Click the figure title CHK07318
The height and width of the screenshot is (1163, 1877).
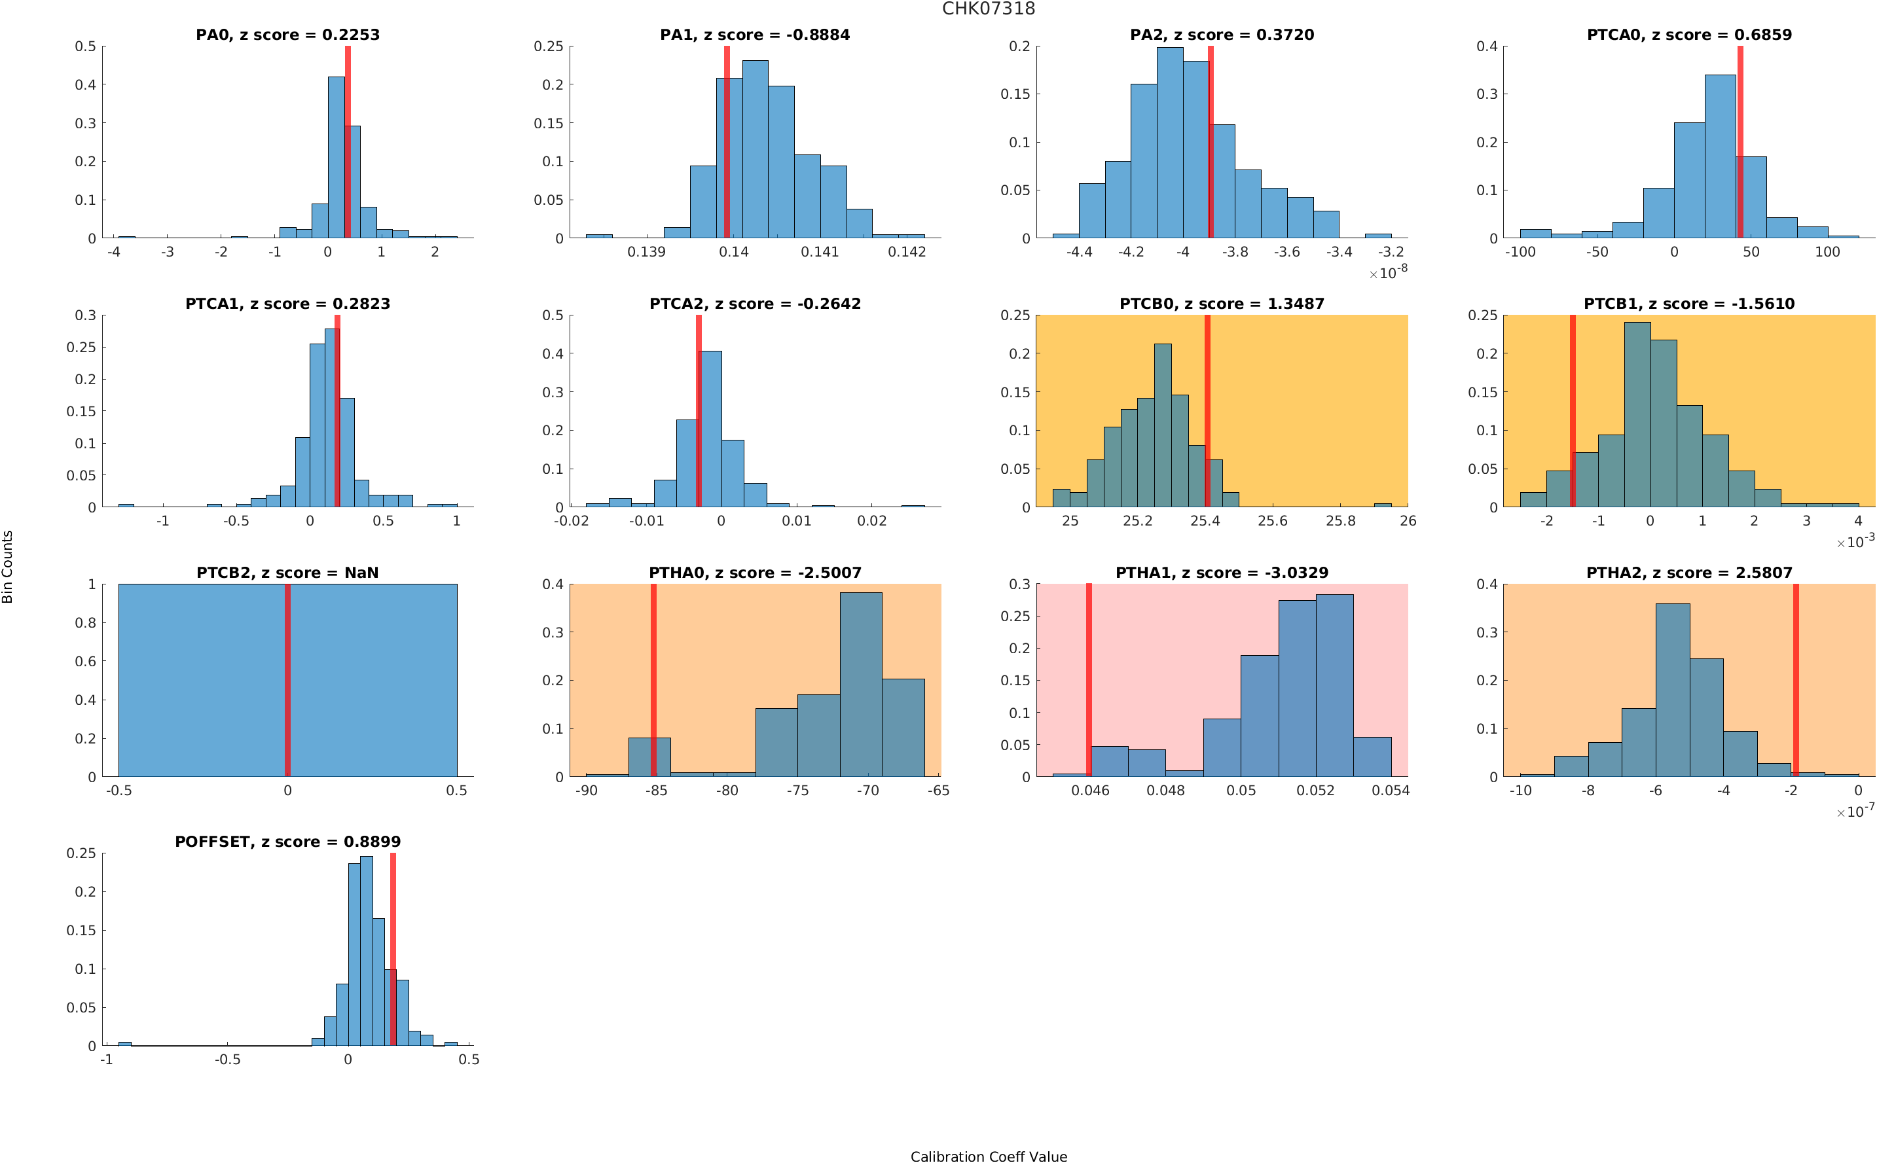(989, 9)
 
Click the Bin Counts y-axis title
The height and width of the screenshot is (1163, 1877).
(8, 566)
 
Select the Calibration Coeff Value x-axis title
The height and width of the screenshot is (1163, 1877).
(989, 1155)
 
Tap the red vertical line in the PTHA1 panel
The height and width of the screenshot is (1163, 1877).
(1089, 680)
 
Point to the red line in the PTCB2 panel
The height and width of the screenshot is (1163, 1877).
(287, 680)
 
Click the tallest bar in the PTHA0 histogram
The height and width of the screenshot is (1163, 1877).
(861, 685)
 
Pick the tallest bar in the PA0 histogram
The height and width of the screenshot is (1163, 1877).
(336, 158)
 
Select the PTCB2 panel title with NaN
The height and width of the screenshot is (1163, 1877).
(287, 572)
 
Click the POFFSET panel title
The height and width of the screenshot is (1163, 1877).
(287, 842)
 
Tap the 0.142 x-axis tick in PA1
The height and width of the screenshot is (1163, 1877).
(907, 252)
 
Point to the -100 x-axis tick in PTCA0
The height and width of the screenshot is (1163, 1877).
(1520, 252)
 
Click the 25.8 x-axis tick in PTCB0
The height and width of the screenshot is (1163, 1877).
(1340, 522)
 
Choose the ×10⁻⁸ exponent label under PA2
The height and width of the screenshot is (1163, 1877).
(1388, 272)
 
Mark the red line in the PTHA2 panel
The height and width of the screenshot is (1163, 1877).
(1795, 680)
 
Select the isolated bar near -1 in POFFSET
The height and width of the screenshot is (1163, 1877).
(124, 1043)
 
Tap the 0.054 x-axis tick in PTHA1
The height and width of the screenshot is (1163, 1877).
(1391, 791)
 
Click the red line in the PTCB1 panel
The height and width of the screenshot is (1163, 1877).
(1573, 411)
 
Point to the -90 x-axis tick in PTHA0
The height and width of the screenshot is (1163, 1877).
(586, 791)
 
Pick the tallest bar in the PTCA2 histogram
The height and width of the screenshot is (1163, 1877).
(710, 429)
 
